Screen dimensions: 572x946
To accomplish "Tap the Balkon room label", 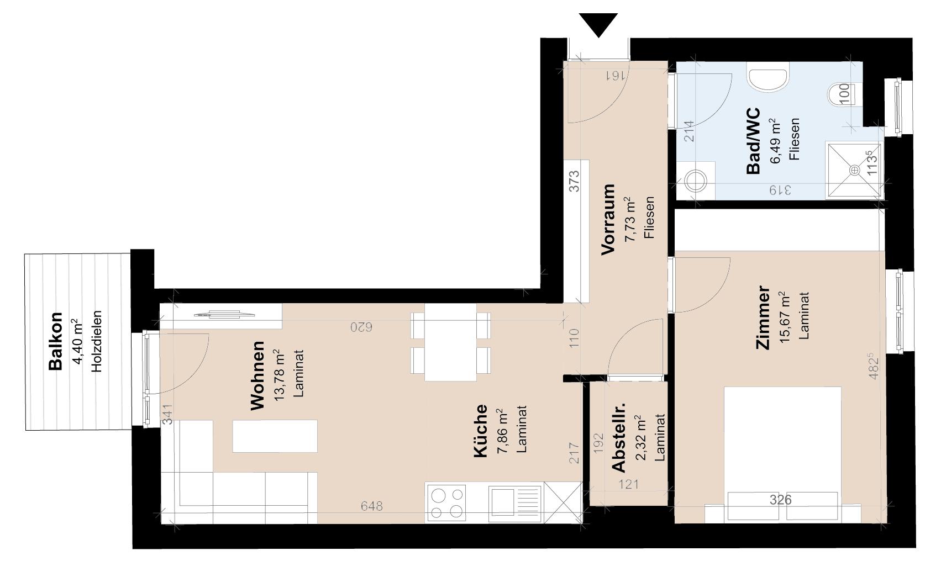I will click(55, 342).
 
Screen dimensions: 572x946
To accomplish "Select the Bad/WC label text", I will click(753, 141).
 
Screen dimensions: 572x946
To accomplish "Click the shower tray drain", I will click(854, 170).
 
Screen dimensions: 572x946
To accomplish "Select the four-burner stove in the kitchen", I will click(446, 503).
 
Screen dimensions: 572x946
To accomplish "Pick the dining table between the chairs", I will click(450, 342).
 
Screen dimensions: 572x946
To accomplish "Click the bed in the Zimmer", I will click(782, 453).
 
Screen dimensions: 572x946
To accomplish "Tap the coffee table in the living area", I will click(275, 436).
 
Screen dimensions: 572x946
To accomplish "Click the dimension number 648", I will click(371, 506).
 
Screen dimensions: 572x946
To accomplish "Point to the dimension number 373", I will click(574, 181).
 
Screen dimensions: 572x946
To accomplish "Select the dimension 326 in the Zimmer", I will click(780, 500).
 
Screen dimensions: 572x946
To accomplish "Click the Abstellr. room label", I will click(619, 438).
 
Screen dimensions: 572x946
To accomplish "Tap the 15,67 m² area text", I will click(784, 318).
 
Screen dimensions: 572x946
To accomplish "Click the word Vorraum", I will click(608, 220).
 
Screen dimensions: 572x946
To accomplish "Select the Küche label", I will click(481, 431).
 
